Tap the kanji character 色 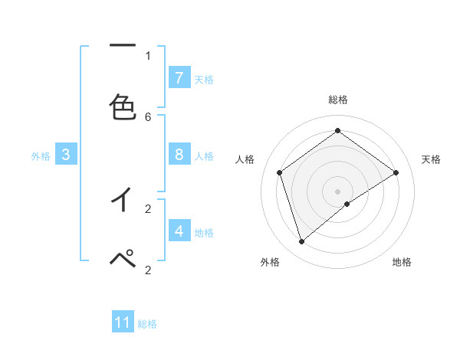123,107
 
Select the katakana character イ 123,200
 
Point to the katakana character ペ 123,259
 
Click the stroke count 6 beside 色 148,116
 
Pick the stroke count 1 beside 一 148,55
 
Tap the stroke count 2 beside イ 148,208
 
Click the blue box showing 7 179,78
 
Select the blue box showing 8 179,155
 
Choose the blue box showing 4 179,231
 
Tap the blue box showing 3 66,155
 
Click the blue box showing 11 123,322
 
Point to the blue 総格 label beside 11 147,324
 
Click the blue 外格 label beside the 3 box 41,156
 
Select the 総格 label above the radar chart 337,100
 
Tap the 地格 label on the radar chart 402,262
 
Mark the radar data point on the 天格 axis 396,172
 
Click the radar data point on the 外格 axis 302,242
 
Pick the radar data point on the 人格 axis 280,172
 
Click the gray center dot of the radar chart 337,191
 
